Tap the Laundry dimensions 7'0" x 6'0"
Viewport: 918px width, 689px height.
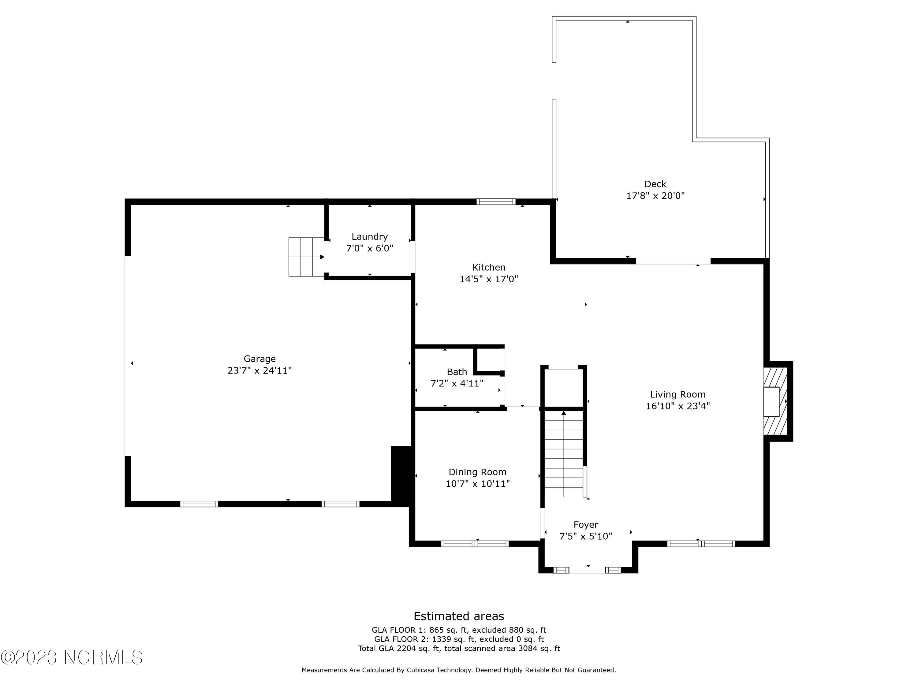click(x=369, y=248)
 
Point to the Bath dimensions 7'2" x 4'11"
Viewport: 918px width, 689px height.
click(x=457, y=383)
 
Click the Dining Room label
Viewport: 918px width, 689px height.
click(x=477, y=472)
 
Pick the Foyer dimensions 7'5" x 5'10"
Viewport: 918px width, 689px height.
click(x=586, y=537)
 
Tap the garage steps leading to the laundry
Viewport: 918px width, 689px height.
click(x=306, y=257)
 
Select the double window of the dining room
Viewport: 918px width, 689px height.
click(x=475, y=544)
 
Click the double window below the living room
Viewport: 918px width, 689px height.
click(x=701, y=544)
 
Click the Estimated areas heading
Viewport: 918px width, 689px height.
click(x=459, y=616)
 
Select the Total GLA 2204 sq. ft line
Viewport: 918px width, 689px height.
click(x=459, y=648)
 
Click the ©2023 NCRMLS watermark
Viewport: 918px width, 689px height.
click(x=71, y=657)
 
